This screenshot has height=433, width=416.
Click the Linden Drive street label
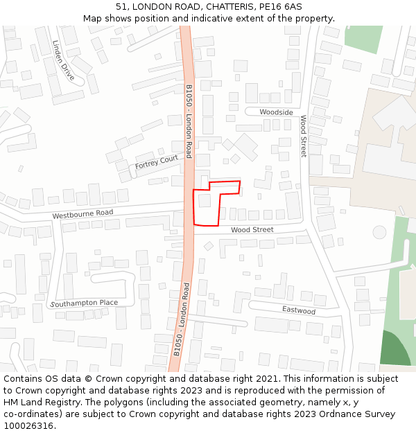click(x=63, y=60)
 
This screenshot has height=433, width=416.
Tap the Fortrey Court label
click(x=157, y=161)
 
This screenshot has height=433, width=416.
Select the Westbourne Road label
click(x=83, y=214)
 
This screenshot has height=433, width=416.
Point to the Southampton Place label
click(x=84, y=303)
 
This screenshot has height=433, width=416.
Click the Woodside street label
click(x=276, y=112)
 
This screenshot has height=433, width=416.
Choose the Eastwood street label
click(x=298, y=310)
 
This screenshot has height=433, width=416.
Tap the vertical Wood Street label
click(x=303, y=136)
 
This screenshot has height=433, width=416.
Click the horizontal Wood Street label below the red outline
click(x=252, y=229)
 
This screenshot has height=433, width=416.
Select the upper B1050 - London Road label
click(x=189, y=121)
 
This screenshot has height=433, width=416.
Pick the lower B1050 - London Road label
click(x=181, y=319)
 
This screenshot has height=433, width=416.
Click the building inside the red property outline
click(x=205, y=201)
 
